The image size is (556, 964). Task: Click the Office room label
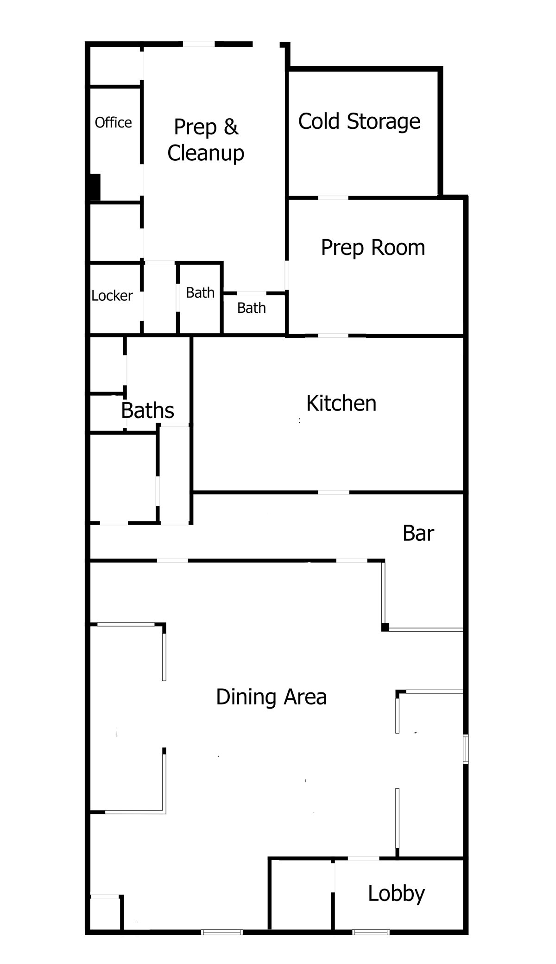click(x=113, y=122)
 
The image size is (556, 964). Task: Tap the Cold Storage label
click(x=359, y=121)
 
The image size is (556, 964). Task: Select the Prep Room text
click(x=373, y=247)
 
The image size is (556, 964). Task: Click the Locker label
click(x=112, y=296)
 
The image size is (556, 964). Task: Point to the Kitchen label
click(x=341, y=403)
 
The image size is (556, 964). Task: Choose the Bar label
click(x=418, y=533)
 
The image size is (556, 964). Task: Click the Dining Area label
click(x=272, y=697)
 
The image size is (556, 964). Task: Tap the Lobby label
click(x=397, y=894)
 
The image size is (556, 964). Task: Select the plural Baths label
click(x=147, y=411)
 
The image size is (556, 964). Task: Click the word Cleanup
click(x=206, y=153)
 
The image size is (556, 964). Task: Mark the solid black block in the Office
click(x=95, y=187)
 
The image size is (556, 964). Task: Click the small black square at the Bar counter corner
click(x=385, y=628)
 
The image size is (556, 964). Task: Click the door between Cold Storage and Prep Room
click(x=333, y=198)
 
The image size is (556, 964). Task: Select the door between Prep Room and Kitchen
click(x=333, y=335)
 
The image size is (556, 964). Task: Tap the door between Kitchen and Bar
click(x=333, y=492)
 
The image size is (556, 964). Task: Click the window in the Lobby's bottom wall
click(x=371, y=932)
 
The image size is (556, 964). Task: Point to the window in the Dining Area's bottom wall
click(x=222, y=932)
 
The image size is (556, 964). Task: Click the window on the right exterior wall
click(x=466, y=748)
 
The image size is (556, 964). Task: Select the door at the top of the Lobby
click(x=363, y=858)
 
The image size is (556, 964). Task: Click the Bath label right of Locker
click(x=200, y=293)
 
